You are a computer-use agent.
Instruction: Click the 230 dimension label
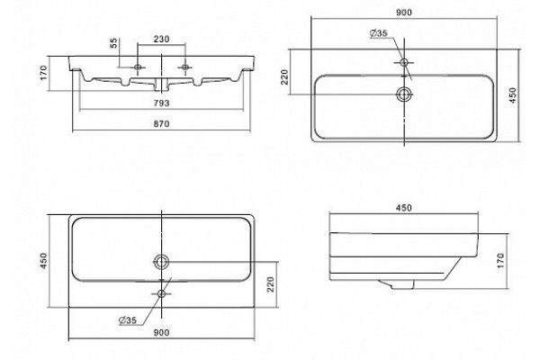(x=161, y=40)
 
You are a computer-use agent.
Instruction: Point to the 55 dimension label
(x=113, y=43)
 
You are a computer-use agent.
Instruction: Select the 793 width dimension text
(x=161, y=103)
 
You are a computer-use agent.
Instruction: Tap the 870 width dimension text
(x=161, y=123)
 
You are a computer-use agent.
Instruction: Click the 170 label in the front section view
(x=44, y=73)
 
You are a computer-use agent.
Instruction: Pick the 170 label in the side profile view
(x=500, y=260)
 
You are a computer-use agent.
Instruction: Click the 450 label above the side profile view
(x=403, y=208)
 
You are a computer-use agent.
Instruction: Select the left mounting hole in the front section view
(x=138, y=67)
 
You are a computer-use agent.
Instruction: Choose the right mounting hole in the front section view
(x=184, y=67)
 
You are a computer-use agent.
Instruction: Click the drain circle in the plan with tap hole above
(x=404, y=94)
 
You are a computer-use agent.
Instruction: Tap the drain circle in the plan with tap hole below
(x=161, y=262)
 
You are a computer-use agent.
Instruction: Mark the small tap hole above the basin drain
(x=404, y=62)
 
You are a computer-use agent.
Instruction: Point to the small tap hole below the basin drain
(x=161, y=294)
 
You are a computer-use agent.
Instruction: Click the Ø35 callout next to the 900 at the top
(x=379, y=33)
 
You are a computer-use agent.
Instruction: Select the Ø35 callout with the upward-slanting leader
(x=128, y=320)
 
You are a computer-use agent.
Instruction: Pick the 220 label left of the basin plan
(x=284, y=76)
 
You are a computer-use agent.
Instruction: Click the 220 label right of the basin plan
(x=271, y=284)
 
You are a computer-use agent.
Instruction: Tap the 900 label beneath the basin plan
(x=161, y=332)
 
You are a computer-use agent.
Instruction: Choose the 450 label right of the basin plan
(x=513, y=95)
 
